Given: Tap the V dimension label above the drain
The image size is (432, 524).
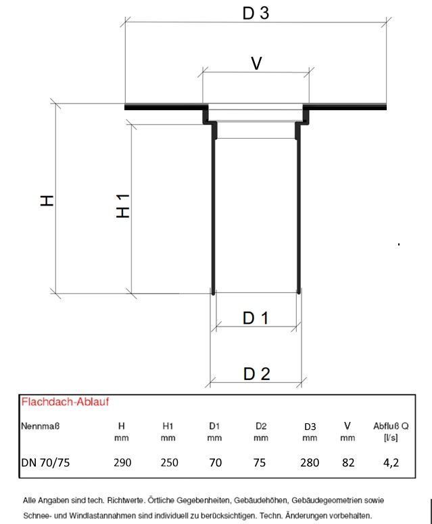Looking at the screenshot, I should click(x=256, y=63).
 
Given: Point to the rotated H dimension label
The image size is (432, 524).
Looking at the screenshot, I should click(x=47, y=200).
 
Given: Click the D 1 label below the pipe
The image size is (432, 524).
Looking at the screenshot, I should click(x=256, y=317).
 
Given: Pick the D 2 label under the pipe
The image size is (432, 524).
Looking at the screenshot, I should click(x=256, y=373).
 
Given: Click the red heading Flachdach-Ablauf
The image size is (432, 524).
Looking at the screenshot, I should click(x=65, y=402).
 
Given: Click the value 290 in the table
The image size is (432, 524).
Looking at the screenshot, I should click(x=122, y=462).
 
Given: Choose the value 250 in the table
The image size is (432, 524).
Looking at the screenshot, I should click(x=169, y=462).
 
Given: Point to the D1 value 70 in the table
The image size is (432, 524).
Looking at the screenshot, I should click(x=214, y=462).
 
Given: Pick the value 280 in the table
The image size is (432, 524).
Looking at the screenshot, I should click(x=310, y=462).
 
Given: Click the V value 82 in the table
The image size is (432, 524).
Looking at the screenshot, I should click(x=347, y=462).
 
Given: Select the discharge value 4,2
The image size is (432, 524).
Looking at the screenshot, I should click(x=390, y=462).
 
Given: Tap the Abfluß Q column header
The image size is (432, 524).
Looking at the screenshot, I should click(x=390, y=426).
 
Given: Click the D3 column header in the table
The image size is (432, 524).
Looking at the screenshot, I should click(x=310, y=427).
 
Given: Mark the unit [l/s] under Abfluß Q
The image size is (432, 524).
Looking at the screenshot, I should click(x=390, y=438).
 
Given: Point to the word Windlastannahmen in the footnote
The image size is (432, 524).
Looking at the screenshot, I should click(x=86, y=515).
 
